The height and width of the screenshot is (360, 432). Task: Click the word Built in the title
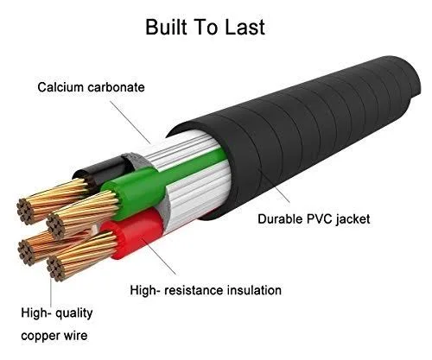pos(164,27)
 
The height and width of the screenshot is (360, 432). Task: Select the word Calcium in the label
pos(60,87)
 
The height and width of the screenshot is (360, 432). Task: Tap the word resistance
pos(194,290)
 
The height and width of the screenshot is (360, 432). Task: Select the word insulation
pos(254,290)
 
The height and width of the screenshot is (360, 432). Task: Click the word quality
pos(74,313)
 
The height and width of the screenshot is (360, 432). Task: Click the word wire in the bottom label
pos(75,336)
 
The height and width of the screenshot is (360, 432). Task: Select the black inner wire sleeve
pos(104,171)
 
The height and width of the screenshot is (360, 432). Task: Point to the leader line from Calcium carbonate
pos(130,123)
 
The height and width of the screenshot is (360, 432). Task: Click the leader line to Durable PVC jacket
pos(274,186)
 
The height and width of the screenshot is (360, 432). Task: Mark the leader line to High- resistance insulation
pos(158,256)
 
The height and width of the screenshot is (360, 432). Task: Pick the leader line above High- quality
pos(51,291)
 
